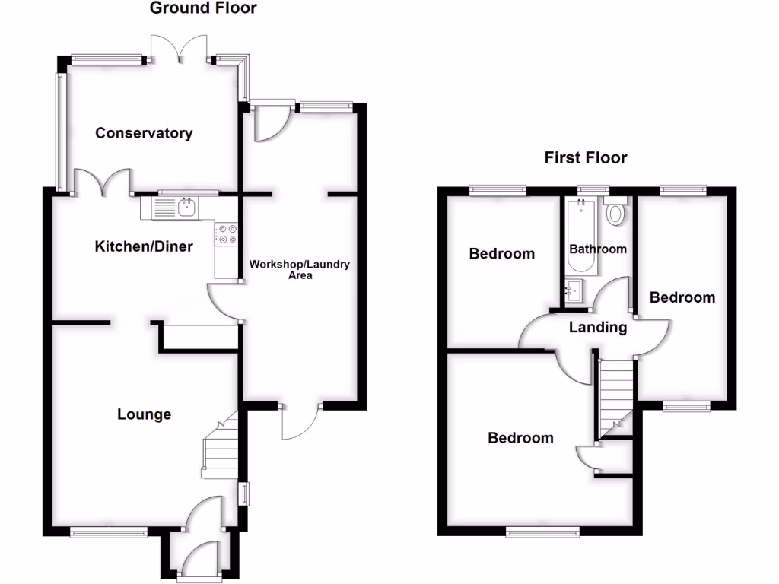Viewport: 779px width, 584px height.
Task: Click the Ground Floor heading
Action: pos(203,8)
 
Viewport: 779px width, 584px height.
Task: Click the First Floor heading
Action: pos(585,158)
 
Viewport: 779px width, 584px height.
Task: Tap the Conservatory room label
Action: pos(144,133)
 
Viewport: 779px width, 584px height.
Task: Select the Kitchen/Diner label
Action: pos(144,246)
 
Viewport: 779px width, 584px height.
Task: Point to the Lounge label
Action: pos(144,414)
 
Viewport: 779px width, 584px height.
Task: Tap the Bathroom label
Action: pos(598,249)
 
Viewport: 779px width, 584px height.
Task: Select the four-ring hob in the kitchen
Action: pos(227,234)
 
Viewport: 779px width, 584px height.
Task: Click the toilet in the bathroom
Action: pos(615,214)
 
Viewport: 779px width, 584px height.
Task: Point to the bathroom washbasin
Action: pos(574,290)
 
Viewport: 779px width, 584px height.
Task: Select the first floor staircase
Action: pos(616,395)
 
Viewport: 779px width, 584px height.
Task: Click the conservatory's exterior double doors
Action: pos(180,49)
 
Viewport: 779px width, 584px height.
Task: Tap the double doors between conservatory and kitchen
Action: pos(103,182)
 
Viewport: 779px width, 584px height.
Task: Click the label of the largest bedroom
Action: pos(520,438)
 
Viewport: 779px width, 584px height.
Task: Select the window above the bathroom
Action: pos(593,188)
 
